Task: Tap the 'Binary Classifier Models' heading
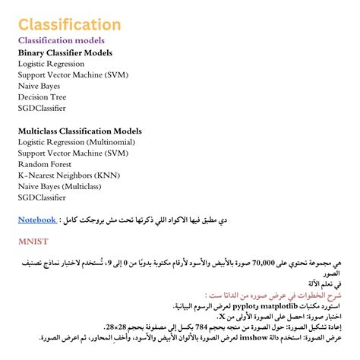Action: pyautogui.click(x=65, y=53)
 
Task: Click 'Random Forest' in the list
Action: pyautogui.click(x=43, y=164)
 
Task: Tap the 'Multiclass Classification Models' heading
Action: pyautogui.click(x=80, y=131)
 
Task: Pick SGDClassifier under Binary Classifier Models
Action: pyautogui.click(x=42, y=109)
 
